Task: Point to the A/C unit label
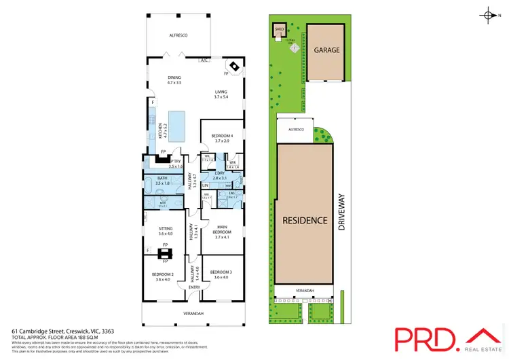[204, 61]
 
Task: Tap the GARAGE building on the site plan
[326, 51]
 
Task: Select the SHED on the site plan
[279, 30]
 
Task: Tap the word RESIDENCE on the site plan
[305, 221]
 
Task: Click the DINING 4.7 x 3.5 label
[174, 81]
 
